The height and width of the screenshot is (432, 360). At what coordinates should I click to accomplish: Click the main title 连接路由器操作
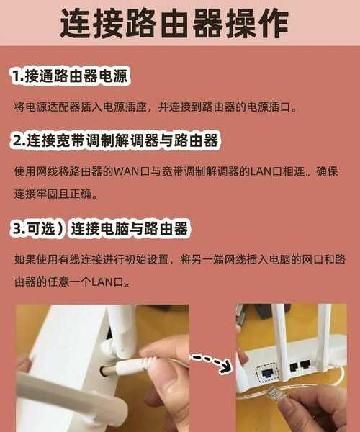click(x=174, y=23)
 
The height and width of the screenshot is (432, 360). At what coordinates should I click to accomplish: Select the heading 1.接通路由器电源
click(x=71, y=76)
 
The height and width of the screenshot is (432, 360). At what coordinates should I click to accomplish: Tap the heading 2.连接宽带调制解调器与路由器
click(x=115, y=140)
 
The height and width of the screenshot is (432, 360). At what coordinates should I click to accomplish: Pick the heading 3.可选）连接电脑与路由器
click(x=101, y=229)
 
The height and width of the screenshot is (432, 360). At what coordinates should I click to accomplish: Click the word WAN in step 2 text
click(x=126, y=171)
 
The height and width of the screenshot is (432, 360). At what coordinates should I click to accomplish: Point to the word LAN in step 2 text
click(x=261, y=171)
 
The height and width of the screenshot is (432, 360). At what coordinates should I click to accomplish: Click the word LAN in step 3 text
click(x=102, y=282)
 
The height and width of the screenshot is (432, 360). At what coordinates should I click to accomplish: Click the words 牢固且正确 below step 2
click(x=63, y=194)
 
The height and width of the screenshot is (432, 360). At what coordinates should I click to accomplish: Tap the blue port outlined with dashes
click(x=268, y=373)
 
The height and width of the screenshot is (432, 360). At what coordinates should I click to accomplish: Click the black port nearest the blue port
click(x=294, y=367)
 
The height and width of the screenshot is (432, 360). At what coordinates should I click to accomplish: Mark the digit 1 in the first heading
click(x=15, y=76)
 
